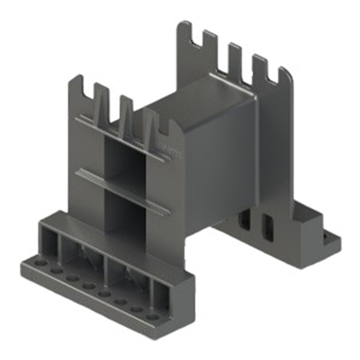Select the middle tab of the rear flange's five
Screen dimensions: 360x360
tap(234, 58)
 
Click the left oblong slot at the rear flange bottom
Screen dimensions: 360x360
tap(246, 218)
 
